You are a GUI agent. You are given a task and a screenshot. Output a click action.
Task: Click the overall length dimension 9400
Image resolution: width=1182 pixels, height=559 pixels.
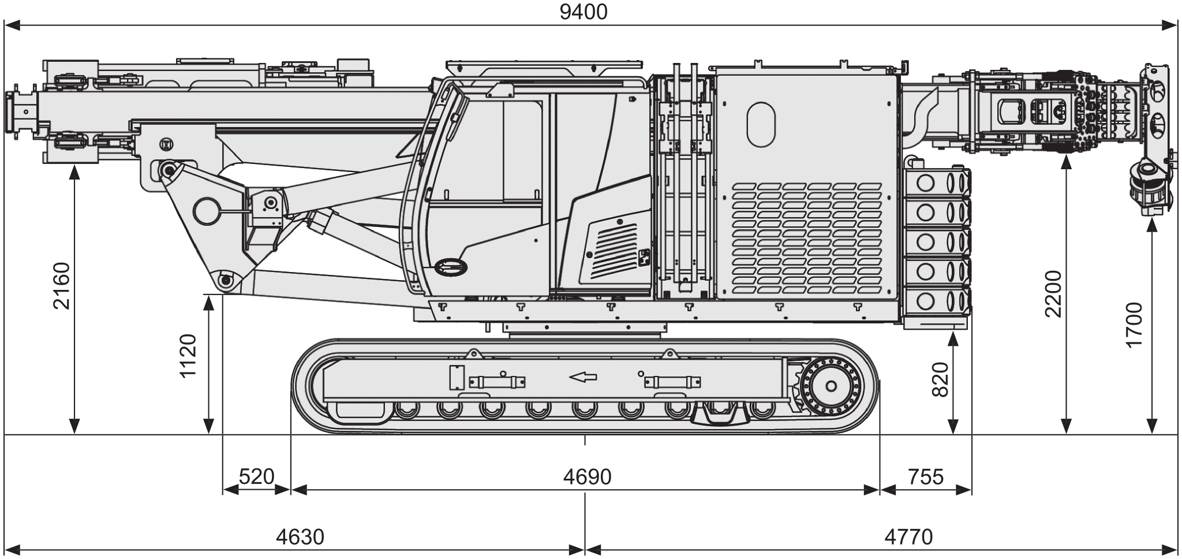click(x=583, y=12)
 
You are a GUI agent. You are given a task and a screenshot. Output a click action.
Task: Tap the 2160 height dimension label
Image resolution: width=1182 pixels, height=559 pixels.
click(x=61, y=285)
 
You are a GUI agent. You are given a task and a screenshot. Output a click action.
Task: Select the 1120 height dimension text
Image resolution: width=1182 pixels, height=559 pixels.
click(x=188, y=355)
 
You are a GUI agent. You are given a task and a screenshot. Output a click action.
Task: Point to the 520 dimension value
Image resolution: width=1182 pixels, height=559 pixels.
click(x=256, y=477)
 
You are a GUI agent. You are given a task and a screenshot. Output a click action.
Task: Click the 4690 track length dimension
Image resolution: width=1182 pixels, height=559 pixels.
click(x=587, y=477)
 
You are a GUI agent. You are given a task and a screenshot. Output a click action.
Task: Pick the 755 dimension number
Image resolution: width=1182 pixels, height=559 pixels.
click(x=926, y=477)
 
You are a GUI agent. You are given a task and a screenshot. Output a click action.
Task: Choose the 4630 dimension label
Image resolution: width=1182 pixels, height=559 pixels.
click(x=300, y=537)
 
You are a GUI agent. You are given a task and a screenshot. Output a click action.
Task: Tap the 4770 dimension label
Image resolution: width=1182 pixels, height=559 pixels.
click(x=908, y=537)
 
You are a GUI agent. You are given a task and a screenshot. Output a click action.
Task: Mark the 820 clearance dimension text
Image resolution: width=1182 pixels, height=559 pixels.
click(x=940, y=379)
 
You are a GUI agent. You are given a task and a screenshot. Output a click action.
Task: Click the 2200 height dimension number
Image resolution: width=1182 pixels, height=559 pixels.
click(x=1053, y=293)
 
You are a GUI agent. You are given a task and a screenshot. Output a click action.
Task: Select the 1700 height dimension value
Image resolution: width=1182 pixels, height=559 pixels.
click(x=1135, y=325)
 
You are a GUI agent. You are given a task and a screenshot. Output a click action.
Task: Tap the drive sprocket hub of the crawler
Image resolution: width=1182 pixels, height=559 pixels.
click(x=832, y=386)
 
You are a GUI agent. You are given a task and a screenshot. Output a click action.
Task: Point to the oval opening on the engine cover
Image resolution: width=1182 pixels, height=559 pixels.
click(x=761, y=124)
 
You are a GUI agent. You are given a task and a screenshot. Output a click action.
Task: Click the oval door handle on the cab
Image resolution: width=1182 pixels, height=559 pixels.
click(x=452, y=266)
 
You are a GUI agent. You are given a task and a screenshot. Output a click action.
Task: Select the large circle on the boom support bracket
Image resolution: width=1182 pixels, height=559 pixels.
click(x=206, y=211)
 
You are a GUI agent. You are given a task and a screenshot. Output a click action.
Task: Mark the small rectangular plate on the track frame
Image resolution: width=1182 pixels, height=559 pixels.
click(x=457, y=378)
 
